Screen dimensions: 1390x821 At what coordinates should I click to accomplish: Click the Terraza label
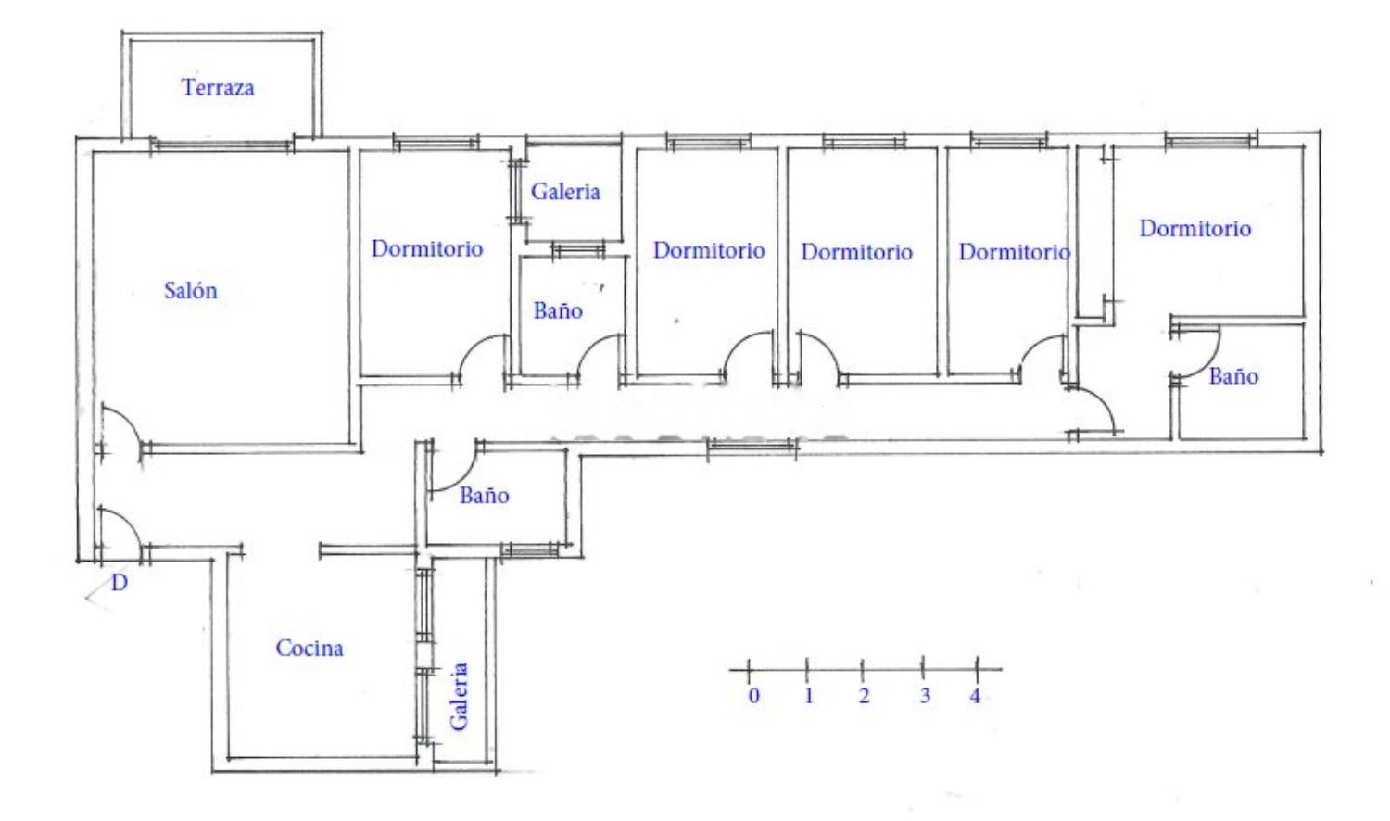click(x=218, y=87)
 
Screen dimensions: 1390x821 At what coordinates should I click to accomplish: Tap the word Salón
click(x=191, y=290)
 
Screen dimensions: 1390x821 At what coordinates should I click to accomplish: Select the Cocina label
click(x=310, y=648)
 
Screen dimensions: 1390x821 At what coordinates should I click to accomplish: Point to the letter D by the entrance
click(x=120, y=583)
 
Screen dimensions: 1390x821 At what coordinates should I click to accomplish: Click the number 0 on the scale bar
click(x=754, y=696)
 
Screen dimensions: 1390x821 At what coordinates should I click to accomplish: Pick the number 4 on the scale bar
click(x=975, y=696)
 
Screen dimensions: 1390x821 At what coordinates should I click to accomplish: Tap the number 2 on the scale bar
click(x=864, y=696)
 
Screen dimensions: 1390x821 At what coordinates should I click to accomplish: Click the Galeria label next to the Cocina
click(x=459, y=696)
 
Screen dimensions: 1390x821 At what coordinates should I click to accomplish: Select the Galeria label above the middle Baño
click(x=565, y=192)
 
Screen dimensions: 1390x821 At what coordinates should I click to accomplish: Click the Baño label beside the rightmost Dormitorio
click(x=1233, y=376)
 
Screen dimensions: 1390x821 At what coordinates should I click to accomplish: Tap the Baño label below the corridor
click(x=484, y=495)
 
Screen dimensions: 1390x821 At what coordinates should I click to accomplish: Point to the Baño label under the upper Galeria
click(x=558, y=310)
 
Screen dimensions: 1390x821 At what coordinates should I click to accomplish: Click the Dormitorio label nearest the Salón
click(x=427, y=249)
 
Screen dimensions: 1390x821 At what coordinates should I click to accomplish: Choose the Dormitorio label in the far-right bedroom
click(x=1195, y=228)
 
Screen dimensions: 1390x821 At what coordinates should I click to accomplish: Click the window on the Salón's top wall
click(x=221, y=145)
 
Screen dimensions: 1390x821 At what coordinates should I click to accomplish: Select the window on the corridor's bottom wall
click(x=752, y=446)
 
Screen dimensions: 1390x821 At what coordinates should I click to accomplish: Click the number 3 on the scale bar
click(x=925, y=696)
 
